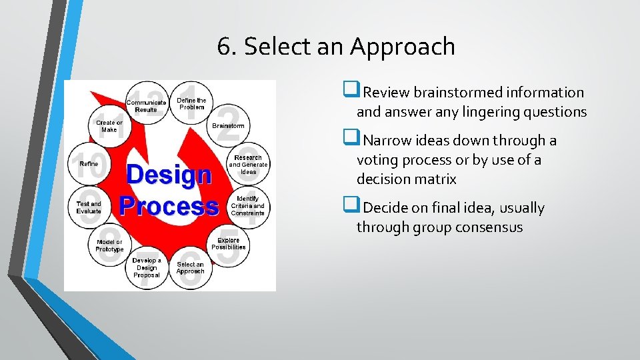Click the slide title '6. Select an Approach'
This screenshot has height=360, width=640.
pos(336,47)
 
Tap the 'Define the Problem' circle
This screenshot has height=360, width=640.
pos(191,103)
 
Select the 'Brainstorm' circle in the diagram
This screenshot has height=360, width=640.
pos(228,125)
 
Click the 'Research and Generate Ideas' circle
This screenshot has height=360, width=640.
pos(248,165)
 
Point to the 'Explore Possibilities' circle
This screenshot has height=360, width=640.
pos(228,243)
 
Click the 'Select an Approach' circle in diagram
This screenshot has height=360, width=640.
pos(190,267)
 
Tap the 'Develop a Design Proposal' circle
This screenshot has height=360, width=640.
pos(147,268)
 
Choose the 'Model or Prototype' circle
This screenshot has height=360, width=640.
pos(109,245)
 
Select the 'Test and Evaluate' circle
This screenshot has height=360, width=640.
pos(89,207)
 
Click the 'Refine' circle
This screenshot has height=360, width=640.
pos(89,164)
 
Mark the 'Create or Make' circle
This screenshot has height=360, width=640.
pos(109,126)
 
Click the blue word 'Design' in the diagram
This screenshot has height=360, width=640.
pos(168,175)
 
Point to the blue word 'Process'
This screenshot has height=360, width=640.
pos(168,205)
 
